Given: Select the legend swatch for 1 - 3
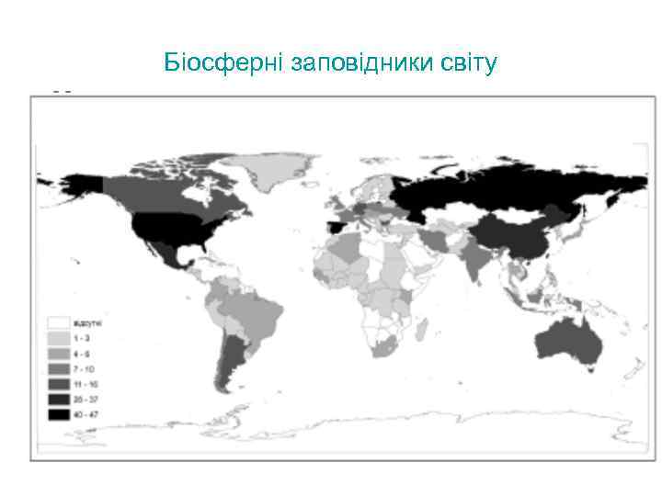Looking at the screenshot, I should coord(60,339).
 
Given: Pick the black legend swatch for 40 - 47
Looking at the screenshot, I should coord(60,415).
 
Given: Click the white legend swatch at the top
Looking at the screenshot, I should coord(60,323).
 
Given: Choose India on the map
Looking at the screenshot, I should coord(475,261).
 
